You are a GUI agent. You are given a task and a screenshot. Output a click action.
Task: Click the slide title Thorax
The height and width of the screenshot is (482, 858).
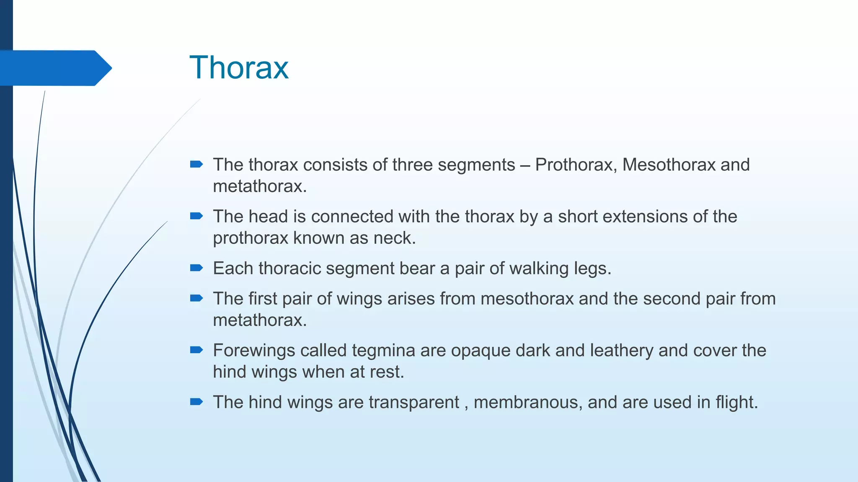[x=239, y=67]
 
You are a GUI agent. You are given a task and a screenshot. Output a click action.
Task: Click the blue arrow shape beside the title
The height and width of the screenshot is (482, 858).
[x=54, y=68]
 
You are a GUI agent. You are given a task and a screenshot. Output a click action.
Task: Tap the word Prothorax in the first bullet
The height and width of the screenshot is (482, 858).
[x=575, y=165]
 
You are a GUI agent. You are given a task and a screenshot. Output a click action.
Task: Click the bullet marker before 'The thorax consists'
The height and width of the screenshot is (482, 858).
[x=196, y=164]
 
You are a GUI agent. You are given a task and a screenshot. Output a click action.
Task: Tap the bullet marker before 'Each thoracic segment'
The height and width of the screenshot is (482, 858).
[x=196, y=268]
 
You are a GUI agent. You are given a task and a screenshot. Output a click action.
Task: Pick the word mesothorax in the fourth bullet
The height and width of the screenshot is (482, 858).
[x=527, y=299]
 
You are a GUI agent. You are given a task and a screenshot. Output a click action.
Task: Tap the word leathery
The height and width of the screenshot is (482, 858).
[x=621, y=351]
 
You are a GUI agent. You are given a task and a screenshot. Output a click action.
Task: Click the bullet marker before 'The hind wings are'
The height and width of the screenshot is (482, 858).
[x=196, y=402]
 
